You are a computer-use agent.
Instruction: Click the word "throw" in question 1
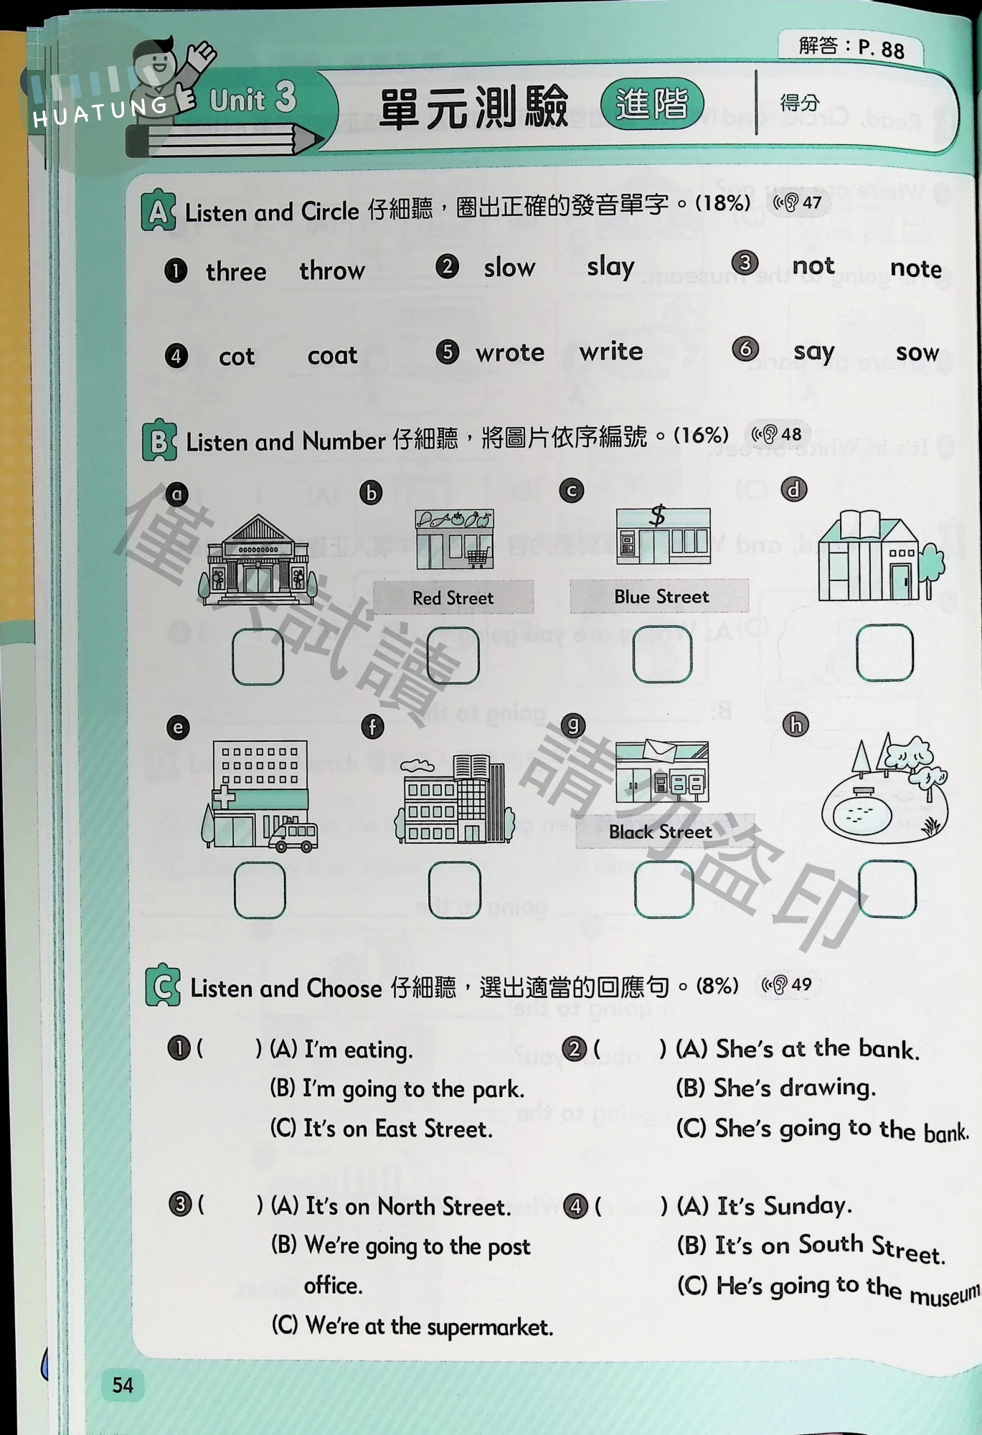coord(332,270)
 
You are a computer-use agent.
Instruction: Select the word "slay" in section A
coord(610,267)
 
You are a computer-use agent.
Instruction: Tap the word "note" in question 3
coord(916,268)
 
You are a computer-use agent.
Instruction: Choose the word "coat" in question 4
coord(332,355)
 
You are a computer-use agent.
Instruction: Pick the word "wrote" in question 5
coord(510,352)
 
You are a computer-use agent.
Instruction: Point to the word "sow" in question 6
coord(917,352)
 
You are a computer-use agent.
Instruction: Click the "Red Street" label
coord(453,598)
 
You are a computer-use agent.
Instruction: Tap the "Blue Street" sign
coord(660,596)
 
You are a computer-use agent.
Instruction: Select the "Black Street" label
coord(661,832)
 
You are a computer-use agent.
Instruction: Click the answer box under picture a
coord(258,657)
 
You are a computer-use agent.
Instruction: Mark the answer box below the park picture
coord(887,890)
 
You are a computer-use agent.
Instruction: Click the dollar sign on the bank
coord(658,515)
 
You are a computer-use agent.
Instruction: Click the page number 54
coord(123,1385)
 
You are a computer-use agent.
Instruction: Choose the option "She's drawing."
coord(776,1088)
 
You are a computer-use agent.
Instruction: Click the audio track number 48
coord(791,434)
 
